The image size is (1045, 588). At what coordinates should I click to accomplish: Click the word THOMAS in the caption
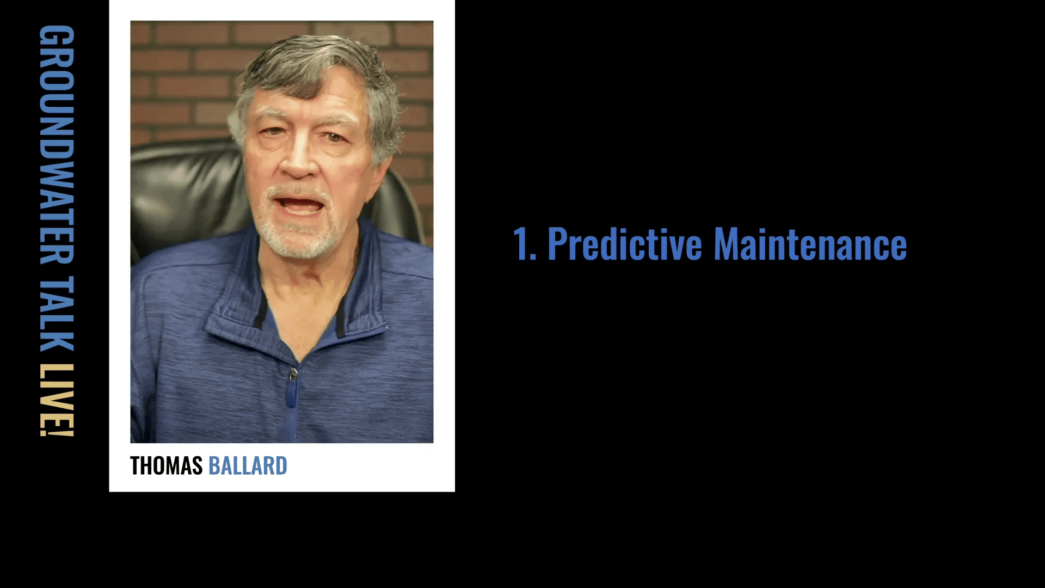point(166,466)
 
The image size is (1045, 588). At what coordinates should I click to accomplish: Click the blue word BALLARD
point(248,466)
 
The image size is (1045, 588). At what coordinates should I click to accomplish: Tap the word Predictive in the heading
point(625,244)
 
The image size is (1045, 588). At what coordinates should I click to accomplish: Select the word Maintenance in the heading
point(810,244)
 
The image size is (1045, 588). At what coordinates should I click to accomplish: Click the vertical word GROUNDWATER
point(57,144)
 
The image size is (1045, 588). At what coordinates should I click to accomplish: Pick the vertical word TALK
point(57,314)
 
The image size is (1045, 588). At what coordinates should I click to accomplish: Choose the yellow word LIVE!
point(57,400)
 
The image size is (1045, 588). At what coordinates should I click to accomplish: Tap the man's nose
point(298,158)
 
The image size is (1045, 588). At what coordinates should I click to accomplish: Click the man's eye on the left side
point(274,131)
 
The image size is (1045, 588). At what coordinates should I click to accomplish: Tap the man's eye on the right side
point(335,136)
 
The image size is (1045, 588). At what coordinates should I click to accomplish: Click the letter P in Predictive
point(557,244)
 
